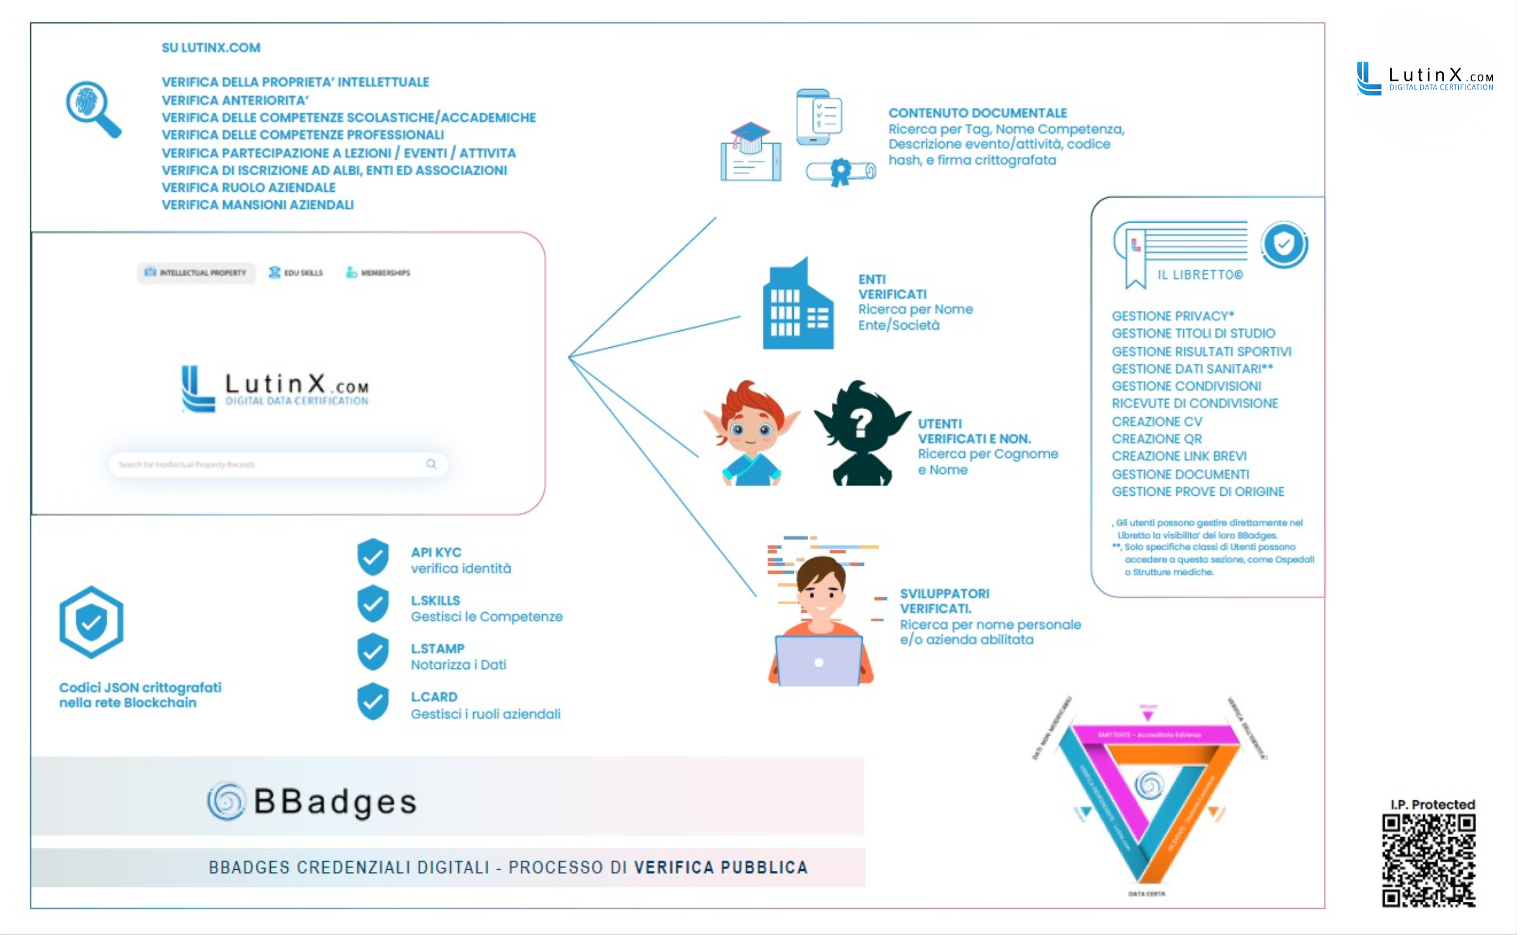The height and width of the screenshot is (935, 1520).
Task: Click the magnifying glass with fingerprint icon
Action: [92, 107]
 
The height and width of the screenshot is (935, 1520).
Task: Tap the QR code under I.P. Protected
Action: [1429, 861]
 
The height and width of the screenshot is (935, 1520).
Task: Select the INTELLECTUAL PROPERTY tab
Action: [196, 272]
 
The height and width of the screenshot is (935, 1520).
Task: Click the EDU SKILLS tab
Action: [296, 272]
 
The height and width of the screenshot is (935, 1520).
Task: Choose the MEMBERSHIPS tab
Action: [378, 272]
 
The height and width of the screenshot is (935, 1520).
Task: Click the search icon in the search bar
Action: [431, 464]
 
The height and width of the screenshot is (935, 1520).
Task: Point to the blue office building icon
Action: [798, 306]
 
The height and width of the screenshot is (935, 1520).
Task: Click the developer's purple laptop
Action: [819, 660]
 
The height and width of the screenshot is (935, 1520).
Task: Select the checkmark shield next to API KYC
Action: [373, 557]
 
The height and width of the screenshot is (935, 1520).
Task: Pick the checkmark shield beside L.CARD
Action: [373, 702]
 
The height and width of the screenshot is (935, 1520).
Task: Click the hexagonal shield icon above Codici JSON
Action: [91, 622]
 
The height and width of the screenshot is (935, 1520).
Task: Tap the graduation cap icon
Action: [750, 137]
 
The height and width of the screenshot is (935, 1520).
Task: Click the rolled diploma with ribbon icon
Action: [841, 172]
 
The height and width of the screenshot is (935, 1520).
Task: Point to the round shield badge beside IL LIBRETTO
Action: [1285, 244]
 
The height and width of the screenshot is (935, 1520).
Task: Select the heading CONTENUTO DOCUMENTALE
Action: [978, 113]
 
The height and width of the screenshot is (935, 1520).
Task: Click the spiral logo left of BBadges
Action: [226, 801]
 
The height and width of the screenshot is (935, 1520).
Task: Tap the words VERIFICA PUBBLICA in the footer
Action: [720, 867]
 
